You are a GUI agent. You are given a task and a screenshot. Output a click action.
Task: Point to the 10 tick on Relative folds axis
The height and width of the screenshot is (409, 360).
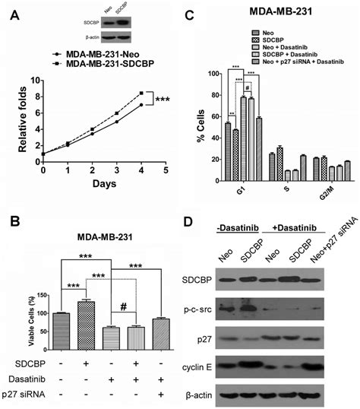coord(34,78)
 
